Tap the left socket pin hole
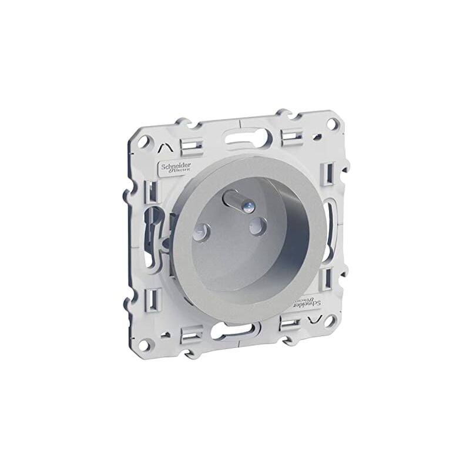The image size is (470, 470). (x=203, y=233)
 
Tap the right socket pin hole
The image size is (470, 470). (x=257, y=224)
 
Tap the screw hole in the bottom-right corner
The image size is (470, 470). (x=330, y=321)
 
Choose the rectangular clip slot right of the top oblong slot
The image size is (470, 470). (x=290, y=137)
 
